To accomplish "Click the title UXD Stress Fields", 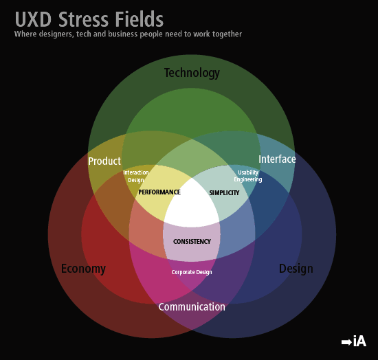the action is [x=89, y=19].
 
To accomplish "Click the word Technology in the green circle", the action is [x=192, y=73].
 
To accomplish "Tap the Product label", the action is [x=104, y=161].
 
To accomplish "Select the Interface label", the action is [x=277, y=159].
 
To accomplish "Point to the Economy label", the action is [x=83, y=269].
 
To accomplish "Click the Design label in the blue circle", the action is [x=296, y=269].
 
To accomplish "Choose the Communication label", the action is [x=192, y=307].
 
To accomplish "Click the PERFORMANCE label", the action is [x=159, y=192].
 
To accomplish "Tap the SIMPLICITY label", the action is [x=224, y=193].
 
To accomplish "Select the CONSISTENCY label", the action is [x=192, y=241].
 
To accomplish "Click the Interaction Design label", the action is [x=136, y=176].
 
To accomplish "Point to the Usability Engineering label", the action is [x=248, y=176].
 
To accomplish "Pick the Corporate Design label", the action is [x=192, y=272].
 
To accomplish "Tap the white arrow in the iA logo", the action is [x=346, y=342].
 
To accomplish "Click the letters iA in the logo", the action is [x=360, y=341].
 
